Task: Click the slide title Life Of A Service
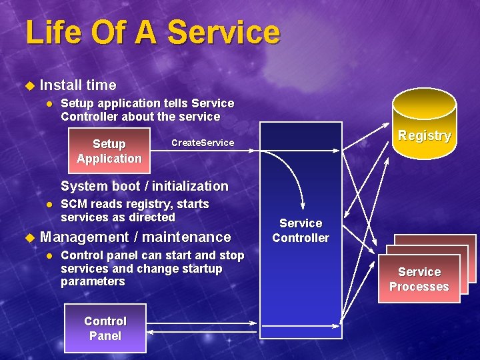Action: pyautogui.click(x=153, y=33)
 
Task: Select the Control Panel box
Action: pyautogui.click(x=105, y=328)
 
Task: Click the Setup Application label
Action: pyautogui.click(x=109, y=151)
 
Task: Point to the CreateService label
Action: pyautogui.click(x=203, y=143)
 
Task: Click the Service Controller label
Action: pyautogui.click(x=301, y=231)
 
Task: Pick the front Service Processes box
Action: pyautogui.click(x=419, y=279)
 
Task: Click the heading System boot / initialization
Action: pyautogui.click(x=144, y=186)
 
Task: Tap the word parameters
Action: pyautogui.click(x=93, y=282)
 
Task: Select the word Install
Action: pyautogui.click(x=61, y=85)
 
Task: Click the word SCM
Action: pyautogui.click(x=75, y=204)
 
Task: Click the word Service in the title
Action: pyautogui.click(x=224, y=33)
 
